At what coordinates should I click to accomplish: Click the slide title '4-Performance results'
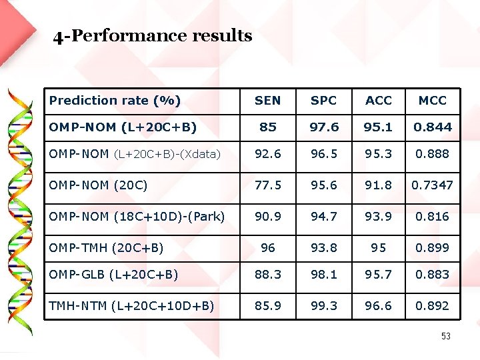pos(153,35)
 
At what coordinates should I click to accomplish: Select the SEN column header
pos(267,101)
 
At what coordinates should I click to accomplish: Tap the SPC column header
pos(324,101)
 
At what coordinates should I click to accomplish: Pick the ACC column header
pos(379,101)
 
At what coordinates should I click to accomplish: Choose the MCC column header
pos(433,101)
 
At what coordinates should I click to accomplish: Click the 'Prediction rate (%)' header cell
pos(115,101)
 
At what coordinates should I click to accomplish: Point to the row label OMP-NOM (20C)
pos(98,185)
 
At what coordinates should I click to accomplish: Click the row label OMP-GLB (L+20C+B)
pos(113,274)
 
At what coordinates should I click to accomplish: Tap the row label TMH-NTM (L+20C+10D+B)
pos(131,305)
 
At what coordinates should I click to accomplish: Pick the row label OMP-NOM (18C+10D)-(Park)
pos(137,216)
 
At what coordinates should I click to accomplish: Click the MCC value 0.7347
pos(433,185)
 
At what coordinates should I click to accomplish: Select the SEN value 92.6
pos(267,154)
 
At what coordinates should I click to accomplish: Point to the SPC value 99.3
pos(324,305)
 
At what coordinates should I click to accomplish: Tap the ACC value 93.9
pos(379,216)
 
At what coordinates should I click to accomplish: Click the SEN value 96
pos(267,247)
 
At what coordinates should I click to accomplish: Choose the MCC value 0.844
pos(433,127)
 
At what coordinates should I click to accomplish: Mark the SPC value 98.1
pos(324,274)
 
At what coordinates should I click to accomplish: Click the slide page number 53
pos(445,337)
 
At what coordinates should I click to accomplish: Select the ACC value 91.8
pos(379,185)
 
